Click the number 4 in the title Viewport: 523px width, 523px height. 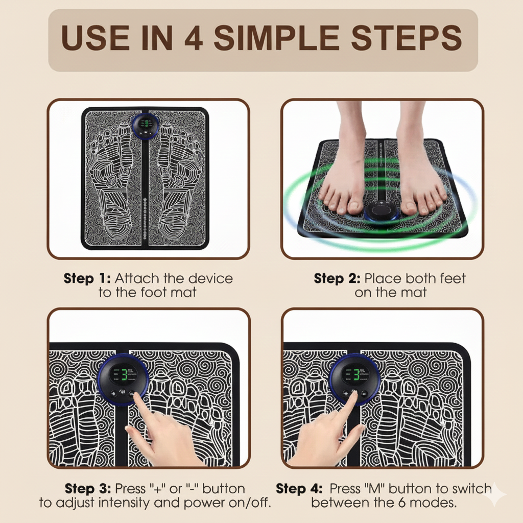(x=193, y=39)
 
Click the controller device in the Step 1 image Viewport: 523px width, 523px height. (x=145, y=125)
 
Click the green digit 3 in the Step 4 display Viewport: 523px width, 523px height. (x=353, y=374)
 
